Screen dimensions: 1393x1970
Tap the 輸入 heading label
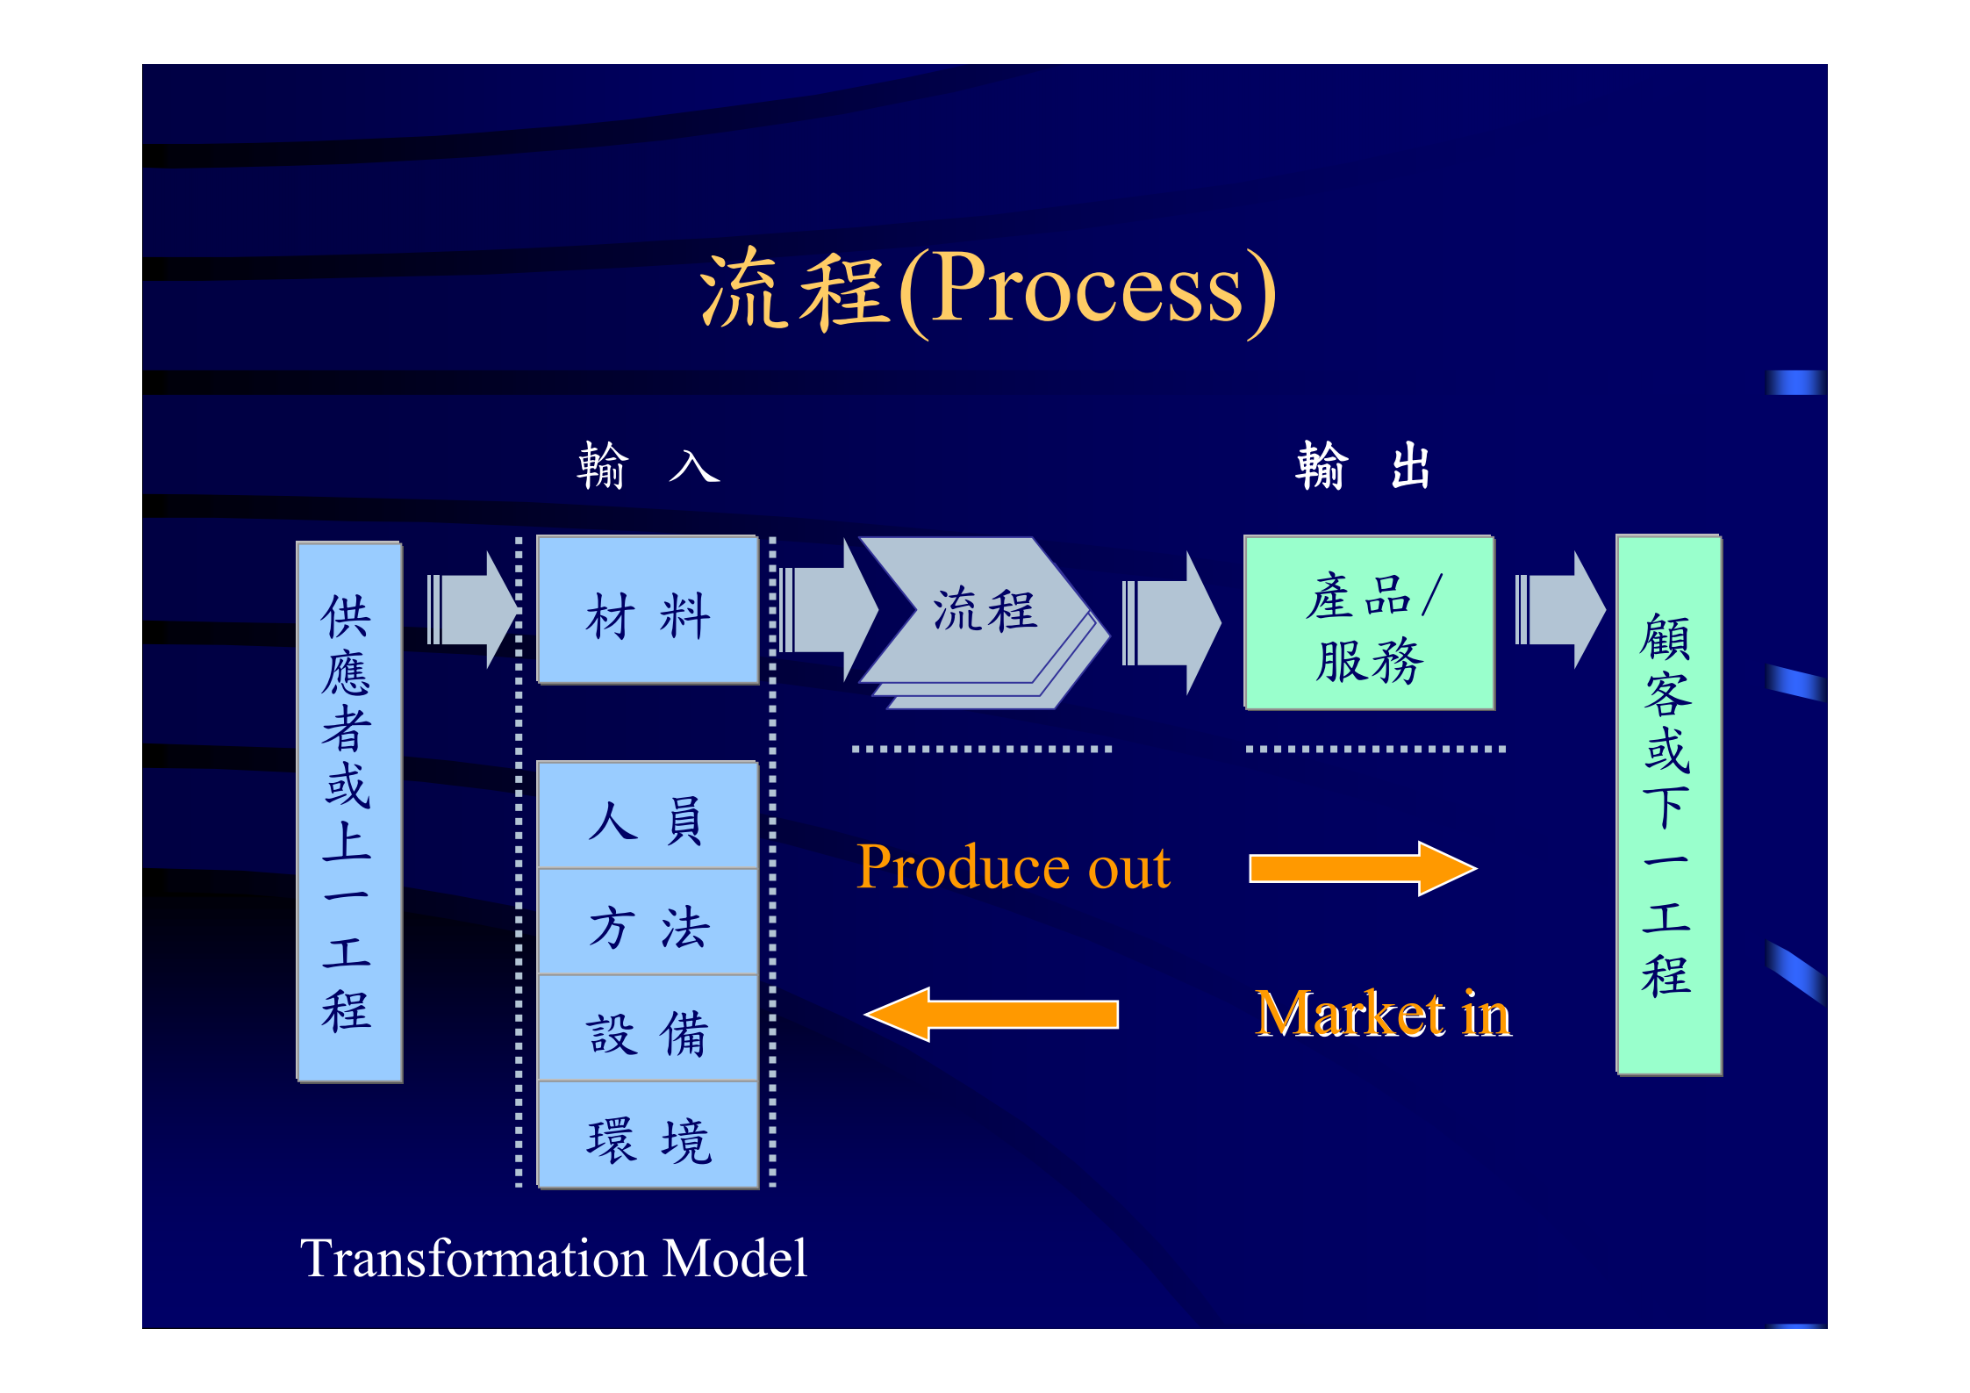pyautogui.click(x=648, y=465)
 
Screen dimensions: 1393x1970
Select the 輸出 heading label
pyautogui.click(x=1363, y=465)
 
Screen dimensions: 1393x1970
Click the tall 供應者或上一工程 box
pyautogui.click(x=349, y=812)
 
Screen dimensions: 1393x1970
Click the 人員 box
pyautogui.click(x=648, y=816)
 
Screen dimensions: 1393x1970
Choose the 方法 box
pyautogui.click(x=648, y=923)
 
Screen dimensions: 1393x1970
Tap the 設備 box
pyautogui.click(x=648, y=1030)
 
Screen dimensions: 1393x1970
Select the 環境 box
pyautogui.click(x=648, y=1137)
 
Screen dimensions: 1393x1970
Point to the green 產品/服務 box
pyautogui.click(x=1369, y=623)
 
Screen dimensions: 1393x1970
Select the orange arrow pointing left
pyautogui.click(x=992, y=1014)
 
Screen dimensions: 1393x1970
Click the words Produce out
pyautogui.click(x=1014, y=868)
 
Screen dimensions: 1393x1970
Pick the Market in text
pyautogui.click(x=1383, y=1014)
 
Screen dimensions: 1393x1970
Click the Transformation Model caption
pyautogui.click(x=553, y=1258)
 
